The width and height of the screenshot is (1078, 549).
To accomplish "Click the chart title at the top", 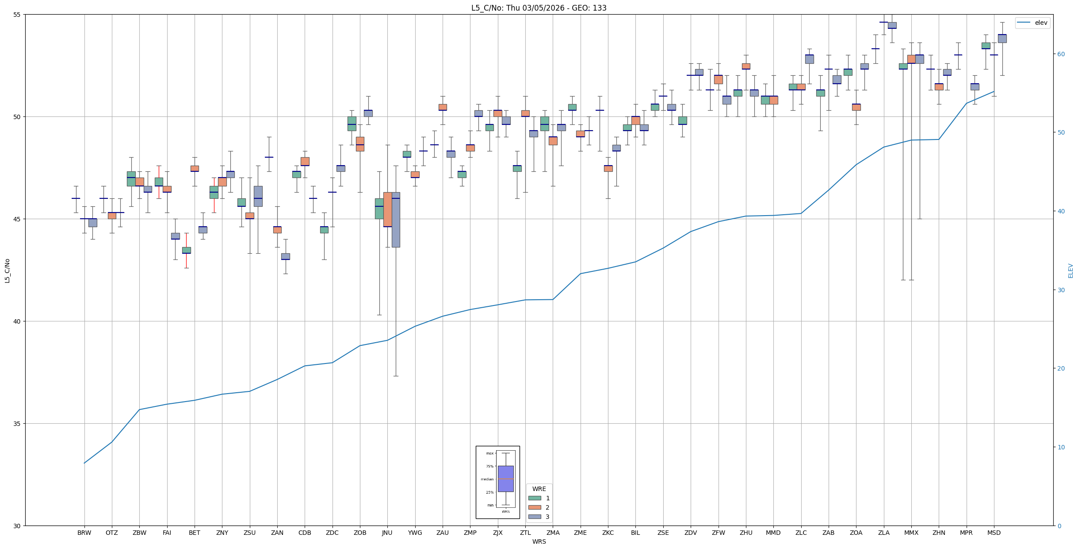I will pos(539,8).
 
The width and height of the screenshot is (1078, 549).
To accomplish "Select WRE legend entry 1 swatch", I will pos(535,498).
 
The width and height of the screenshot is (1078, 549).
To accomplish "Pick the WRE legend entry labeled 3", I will pos(547,517).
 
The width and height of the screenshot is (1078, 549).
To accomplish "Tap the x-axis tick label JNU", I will pos(387,533).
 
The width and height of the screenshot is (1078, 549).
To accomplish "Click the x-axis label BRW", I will pos(84,533).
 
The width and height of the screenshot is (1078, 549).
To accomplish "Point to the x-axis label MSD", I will pos(994,533).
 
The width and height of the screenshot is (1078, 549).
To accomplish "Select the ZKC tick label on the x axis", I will pos(608,533).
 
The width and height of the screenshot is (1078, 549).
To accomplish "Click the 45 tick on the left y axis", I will pos(18,219).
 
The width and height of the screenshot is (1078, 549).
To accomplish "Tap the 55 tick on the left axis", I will pos(18,15).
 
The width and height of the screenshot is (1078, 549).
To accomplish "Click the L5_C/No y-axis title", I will pos(7,270).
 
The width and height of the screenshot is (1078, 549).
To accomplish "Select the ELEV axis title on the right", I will pos(1070,271).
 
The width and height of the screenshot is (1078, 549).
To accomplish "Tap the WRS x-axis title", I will pos(539,541).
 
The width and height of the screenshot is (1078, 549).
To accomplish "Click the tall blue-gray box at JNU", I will pos(396,221).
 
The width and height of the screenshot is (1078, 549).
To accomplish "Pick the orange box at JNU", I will pos(387,209).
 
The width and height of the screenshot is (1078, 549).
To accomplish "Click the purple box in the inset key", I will pos(505,479).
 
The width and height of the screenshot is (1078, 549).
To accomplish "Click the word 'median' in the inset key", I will pos(487,479).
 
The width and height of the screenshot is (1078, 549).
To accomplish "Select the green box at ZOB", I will pos(352,124).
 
